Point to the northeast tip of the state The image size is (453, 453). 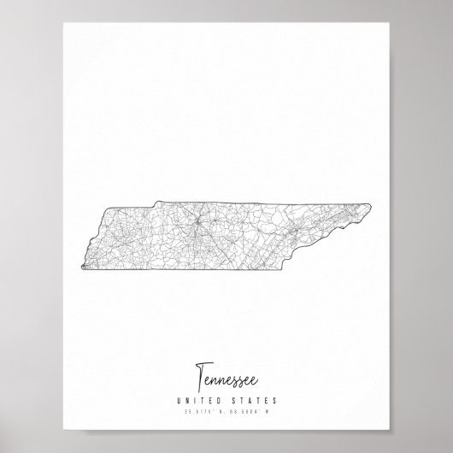[370, 205]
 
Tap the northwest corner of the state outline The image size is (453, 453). [109, 209]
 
